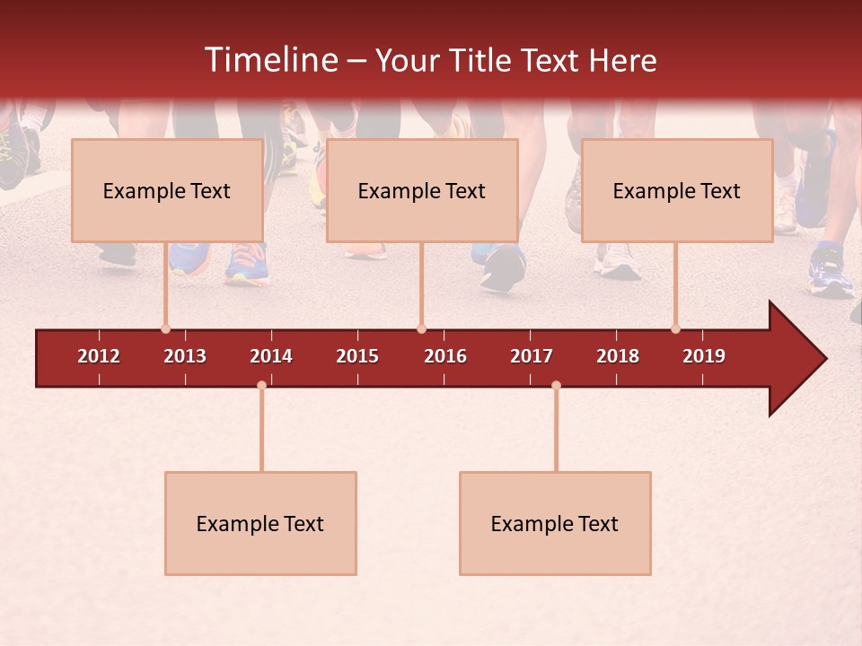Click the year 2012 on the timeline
click(x=99, y=356)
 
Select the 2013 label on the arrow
click(x=185, y=356)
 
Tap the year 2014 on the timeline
click(x=271, y=356)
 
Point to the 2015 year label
click(x=357, y=356)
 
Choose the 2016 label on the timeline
click(x=445, y=356)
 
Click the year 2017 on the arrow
click(x=532, y=356)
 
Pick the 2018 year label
click(x=618, y=356)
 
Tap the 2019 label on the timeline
click(x=704, y=356)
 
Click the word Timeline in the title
click(x=271, y=60)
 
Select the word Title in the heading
click(x=486, y=60)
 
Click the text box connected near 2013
click(x=167, y=190)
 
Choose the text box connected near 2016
click(x=422, y=190)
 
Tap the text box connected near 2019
click(x=677, y=190)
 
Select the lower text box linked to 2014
click(x=260, y=523)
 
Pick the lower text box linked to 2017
click(x=555, y=523)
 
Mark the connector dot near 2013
click(x=165, y=329)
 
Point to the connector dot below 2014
click(x=261, y=386)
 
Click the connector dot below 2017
click(x=556, y=386)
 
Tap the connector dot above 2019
click(x=675, y=329)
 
